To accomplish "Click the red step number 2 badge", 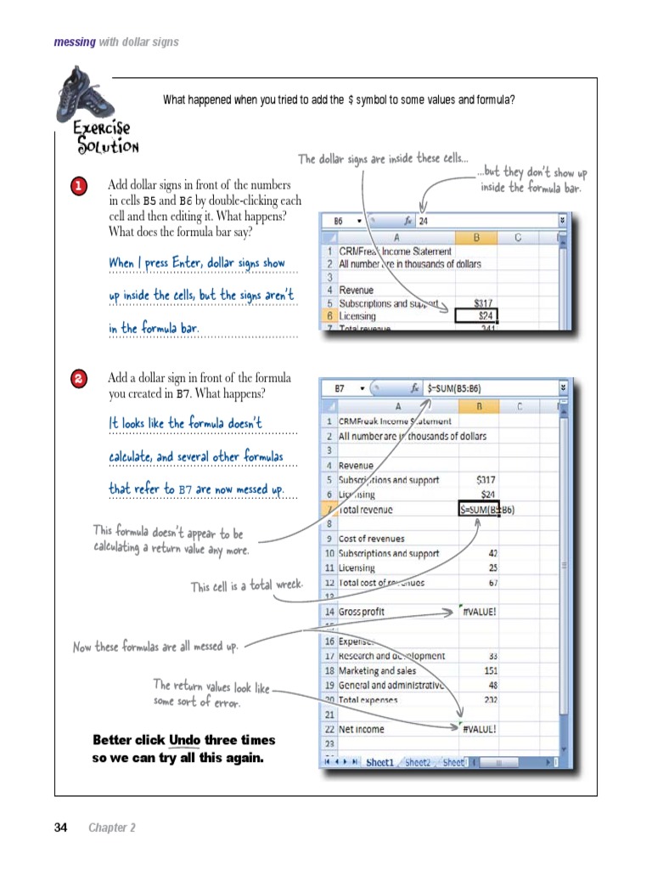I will pos(78,380).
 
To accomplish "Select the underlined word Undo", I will pos(185,740).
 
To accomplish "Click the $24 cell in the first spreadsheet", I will pos(477,316).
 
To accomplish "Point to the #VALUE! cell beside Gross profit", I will pos(479,612).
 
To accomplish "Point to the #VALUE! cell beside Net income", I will pos(479,729).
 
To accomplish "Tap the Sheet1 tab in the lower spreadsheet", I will pos(379,762).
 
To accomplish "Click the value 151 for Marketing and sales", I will pos(488,670).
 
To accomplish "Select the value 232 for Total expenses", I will pos(488,700).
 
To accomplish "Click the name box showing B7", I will pos(340,388).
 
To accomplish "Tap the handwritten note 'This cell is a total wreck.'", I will pos(246,586).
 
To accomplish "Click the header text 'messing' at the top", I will pos(75,42).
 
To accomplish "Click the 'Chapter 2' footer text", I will pos(112,828).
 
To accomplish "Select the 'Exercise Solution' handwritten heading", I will pos(105,138).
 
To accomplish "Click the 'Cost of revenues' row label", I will pos(372,539).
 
